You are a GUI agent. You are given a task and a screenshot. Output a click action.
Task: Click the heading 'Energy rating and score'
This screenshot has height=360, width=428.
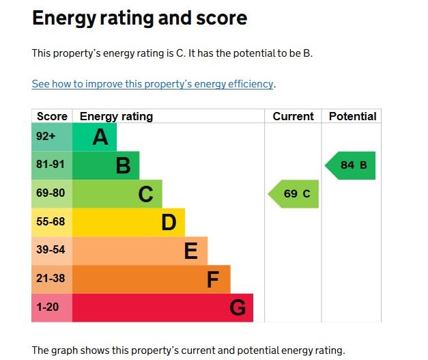tap(139, 19)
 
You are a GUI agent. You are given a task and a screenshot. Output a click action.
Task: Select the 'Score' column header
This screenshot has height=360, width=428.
tap(52, 116)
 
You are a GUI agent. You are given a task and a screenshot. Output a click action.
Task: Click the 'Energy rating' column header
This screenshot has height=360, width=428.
tap(116, 116)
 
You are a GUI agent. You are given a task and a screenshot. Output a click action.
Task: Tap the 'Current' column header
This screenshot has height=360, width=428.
tap(293, 116)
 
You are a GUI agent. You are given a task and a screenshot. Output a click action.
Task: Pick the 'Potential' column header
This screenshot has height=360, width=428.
tap(352, 116)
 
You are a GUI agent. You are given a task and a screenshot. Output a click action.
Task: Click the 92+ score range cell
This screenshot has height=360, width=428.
tap(46, 137)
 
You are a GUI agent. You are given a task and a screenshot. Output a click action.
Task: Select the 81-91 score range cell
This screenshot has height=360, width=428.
tap(49, 165)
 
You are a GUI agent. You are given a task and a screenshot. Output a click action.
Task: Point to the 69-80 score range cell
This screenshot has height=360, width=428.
tap(50, 193)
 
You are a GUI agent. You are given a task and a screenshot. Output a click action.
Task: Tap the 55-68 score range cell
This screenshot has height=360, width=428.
tap(50, 222)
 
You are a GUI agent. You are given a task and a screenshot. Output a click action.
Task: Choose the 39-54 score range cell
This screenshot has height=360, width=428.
tap(50, 250)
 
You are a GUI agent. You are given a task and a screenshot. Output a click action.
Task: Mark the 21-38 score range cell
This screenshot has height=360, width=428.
tap(50, 279)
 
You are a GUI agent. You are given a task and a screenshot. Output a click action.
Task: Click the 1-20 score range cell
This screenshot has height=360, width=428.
tap(48, 307)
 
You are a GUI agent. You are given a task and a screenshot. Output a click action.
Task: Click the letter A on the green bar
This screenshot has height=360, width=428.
tap(100, 137)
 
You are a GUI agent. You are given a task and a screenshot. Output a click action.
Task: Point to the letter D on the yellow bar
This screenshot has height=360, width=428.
tap(169, 223)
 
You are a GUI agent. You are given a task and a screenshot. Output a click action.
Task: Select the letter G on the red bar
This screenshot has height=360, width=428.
tap(237, 308)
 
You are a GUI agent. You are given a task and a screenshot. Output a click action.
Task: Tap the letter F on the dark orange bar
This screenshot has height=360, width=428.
tap(213, 279)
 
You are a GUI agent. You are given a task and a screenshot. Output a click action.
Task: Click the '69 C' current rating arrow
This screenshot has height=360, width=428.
tap(294, 194)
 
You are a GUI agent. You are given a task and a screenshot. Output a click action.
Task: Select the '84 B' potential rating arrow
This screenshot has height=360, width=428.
tap(351, 165)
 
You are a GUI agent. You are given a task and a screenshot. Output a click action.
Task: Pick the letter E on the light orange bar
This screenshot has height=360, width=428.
tap(191, 251)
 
